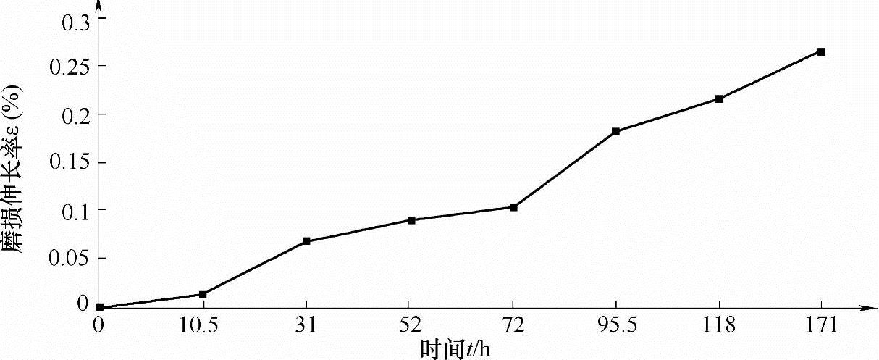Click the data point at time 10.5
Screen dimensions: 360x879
click(x=203, y=295)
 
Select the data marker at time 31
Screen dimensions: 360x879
click(x=306, y=241)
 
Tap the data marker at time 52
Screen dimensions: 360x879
click(x=410, y=220)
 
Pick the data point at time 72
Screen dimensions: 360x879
click(x=513, y=207)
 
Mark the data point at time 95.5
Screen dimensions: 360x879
click(x=616, y=132)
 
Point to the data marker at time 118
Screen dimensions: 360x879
click(x=719, y=99)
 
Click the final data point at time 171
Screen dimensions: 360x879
click(x=822, y=52)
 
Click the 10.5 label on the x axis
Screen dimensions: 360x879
click(x=203, y=327)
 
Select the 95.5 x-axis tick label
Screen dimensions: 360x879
click(x=616, y=327)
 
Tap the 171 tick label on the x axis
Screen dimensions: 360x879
click(x=822, y=327)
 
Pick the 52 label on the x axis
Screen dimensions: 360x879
click(x=410, y=327)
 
